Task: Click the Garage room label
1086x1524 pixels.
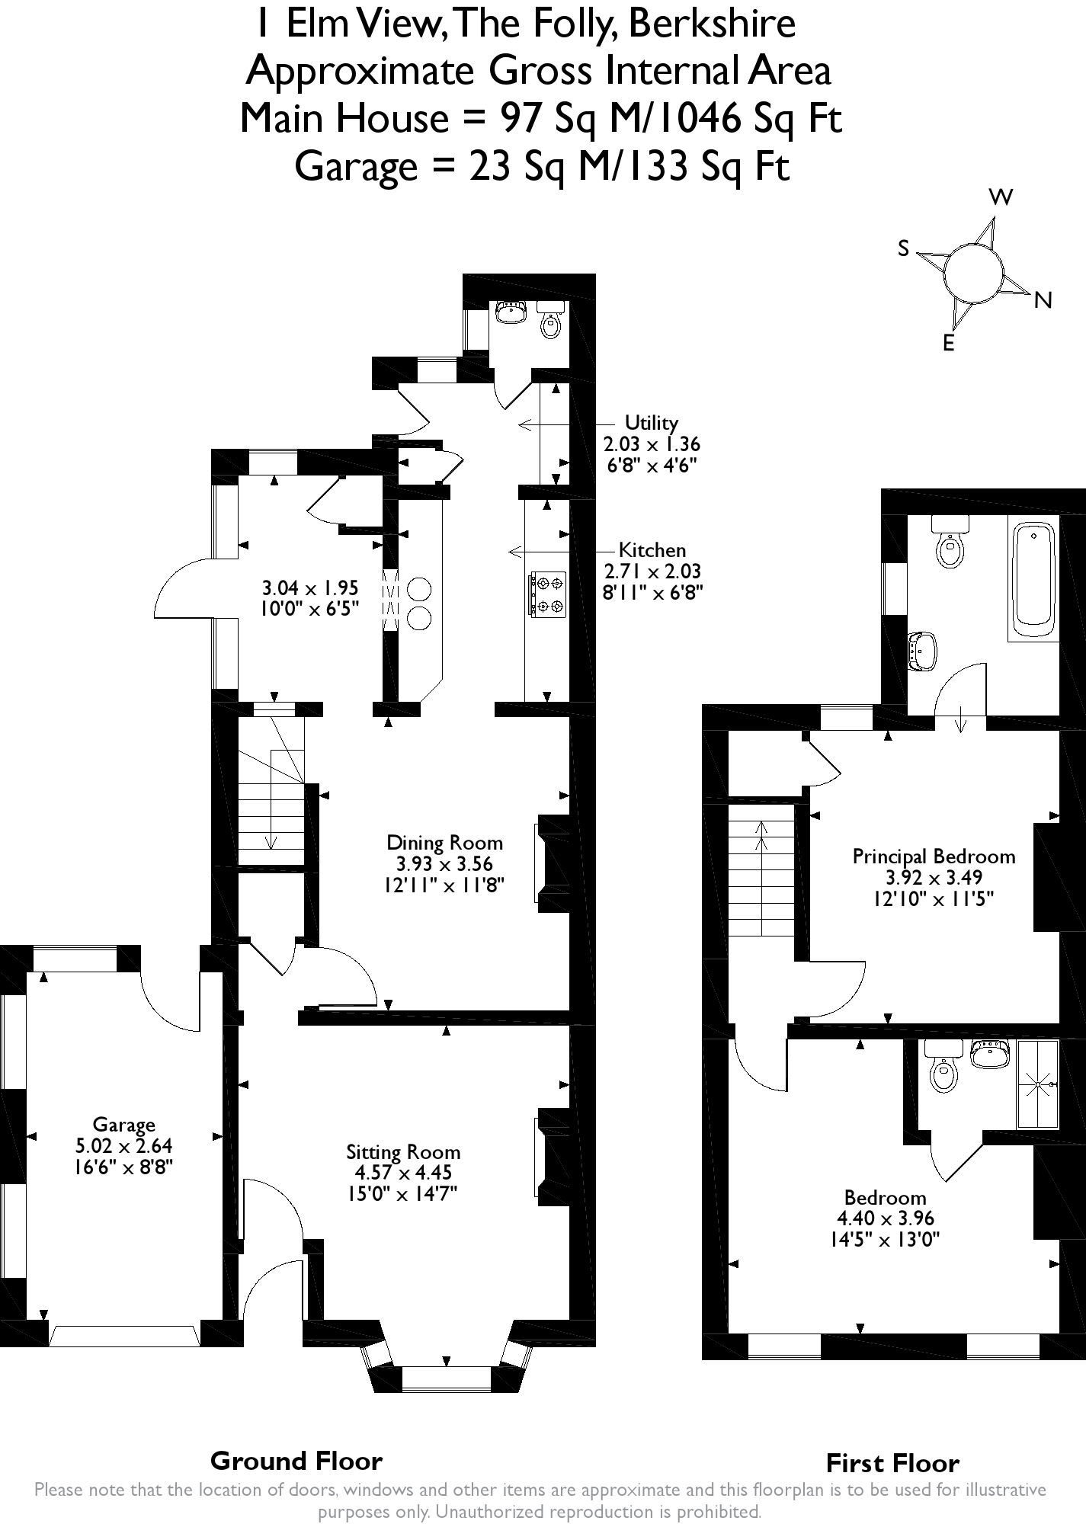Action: coord(123,1124)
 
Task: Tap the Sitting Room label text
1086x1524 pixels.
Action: coord(403,1151)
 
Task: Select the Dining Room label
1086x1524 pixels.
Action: coord(445,842)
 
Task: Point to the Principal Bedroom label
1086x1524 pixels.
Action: coord(934,856)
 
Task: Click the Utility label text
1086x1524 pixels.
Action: coord(651,422)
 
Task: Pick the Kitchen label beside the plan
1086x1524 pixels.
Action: coord(652,549)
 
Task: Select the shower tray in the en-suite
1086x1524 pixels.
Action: coord(1037,1084)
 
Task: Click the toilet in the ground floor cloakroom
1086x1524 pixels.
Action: coord(549,320)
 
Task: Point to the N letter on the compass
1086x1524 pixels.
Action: coord(1043,301)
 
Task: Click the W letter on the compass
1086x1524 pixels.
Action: coord(1001,197)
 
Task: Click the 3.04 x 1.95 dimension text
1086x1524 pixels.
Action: coord(309,588)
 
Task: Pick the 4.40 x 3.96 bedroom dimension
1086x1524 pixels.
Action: coord(885,1218)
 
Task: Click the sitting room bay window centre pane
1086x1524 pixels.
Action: coord(446,1378)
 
